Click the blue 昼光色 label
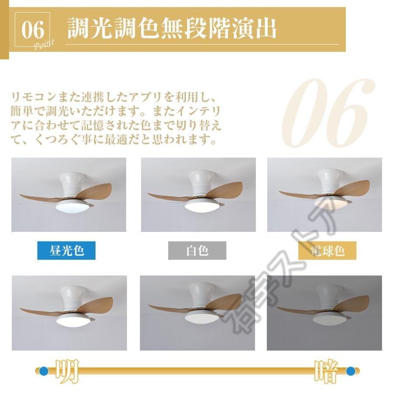coord(66,251)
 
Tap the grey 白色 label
coord(197,251)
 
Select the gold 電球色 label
coord(327,251)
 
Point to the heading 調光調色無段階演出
coord(172,29)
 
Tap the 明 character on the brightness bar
coord(66,371)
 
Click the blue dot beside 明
coord(44,371)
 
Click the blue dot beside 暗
coord(350,371)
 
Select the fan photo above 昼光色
coord(69,195)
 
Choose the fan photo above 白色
coord(198,195)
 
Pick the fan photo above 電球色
coord(324,195)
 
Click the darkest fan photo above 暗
coord(324,313)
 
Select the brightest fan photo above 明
coord(69,313)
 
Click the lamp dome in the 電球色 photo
coord(331,202)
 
